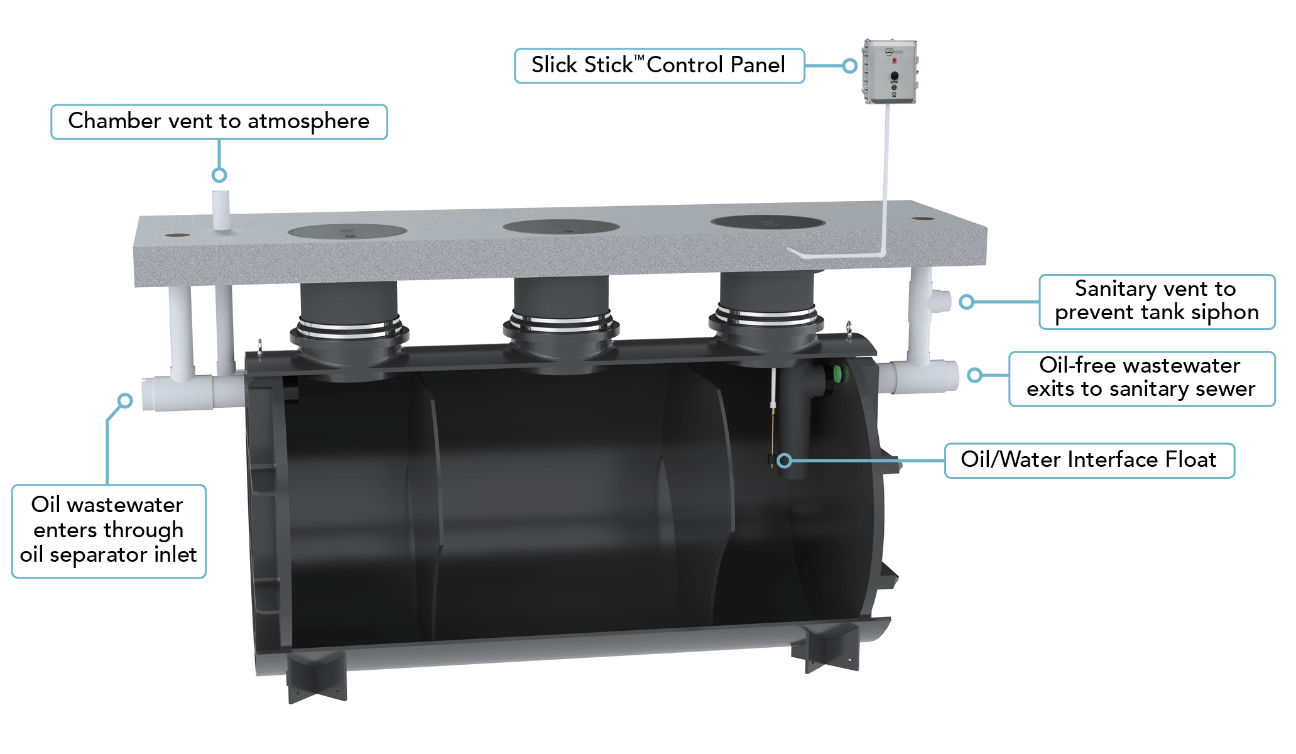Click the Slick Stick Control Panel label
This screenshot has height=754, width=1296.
pyautogui.click(x=658, y=65)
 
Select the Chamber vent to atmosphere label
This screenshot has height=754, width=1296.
pyautogui.click(x=219, y=121)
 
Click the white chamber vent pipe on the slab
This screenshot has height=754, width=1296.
pyautogui.click(x=221, y=209)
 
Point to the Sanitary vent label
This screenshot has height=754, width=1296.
pyautogui.click(x=1156, y=301)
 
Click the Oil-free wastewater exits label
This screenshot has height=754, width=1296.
pyautogui.click(x=1141, y=378)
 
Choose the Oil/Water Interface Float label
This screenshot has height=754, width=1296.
pyautogui.click(x=1089, y=460)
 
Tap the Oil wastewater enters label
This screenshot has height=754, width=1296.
pyautogui.click(x=108, y=530)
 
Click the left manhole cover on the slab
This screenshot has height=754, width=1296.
pyautogui.click(x=347, y=231)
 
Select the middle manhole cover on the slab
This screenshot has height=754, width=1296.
pyautogui.click(x=561, y=226)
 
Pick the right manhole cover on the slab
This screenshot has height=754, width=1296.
pyautogui.click(x=767, y=222)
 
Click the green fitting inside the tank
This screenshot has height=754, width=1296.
pyautogui.click(x=838, y=375)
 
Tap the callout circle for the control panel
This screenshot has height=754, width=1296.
pyautogui.click(x=849, y=65)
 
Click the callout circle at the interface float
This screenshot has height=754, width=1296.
pyautogui.click(x=784, y=461)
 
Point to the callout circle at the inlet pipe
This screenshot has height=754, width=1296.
pyautogui.click(x=125, y=400)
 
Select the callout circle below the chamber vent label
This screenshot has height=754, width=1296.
pyautogui.click(x=219, y=175)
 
